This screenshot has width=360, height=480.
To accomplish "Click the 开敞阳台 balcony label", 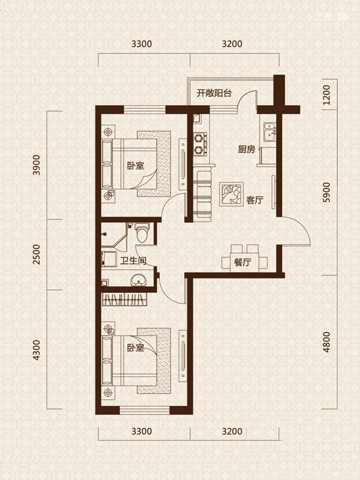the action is pyautogui.click(x=214, y=93).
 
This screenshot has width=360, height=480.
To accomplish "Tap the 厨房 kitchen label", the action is pyautogui.click(x=247, y=149).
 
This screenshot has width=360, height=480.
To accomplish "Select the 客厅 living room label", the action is pyautogui.click(x=254, y=200).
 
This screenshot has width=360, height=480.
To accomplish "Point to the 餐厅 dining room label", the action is pyautogui.click(x=242, y=262).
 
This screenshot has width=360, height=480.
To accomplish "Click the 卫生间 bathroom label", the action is pyautogui.click(x=133, y=261).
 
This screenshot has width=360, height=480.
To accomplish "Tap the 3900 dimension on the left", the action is pyautogui.click(x=37, y=165).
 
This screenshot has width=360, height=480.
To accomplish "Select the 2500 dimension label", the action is pyautogui.click(x=37, y=254).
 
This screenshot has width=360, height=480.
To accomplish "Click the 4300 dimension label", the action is pyautogui.click(x=37, y=350).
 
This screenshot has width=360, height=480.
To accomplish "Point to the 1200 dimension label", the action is pyautogui.click(x=326, y=95).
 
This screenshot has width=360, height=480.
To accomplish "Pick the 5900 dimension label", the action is pyautogui.click(x=326, y=192).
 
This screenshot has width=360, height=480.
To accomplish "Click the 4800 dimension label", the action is pyautogui.click(x=326, y=342).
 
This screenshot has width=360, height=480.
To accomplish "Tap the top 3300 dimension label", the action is pyautogui.click(x=142, y=44).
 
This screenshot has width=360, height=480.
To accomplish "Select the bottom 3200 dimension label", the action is pyautogui.click(x=232, y=431).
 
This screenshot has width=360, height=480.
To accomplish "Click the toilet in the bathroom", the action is pyautogui.click(x=142, y=232).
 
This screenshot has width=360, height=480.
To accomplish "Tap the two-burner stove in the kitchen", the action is pyautogui.click(x=200, y=144).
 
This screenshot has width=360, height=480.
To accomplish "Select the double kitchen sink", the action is pyautogui.click(x=269, y=132).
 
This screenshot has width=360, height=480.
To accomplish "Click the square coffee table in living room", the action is pyautogui.click(x=231, y=194).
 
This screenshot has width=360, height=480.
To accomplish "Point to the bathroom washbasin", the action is pyautogui.click(x=139, y=280).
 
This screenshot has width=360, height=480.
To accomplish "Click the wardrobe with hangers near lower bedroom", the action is pyautogui.click(x=124, y=299).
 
